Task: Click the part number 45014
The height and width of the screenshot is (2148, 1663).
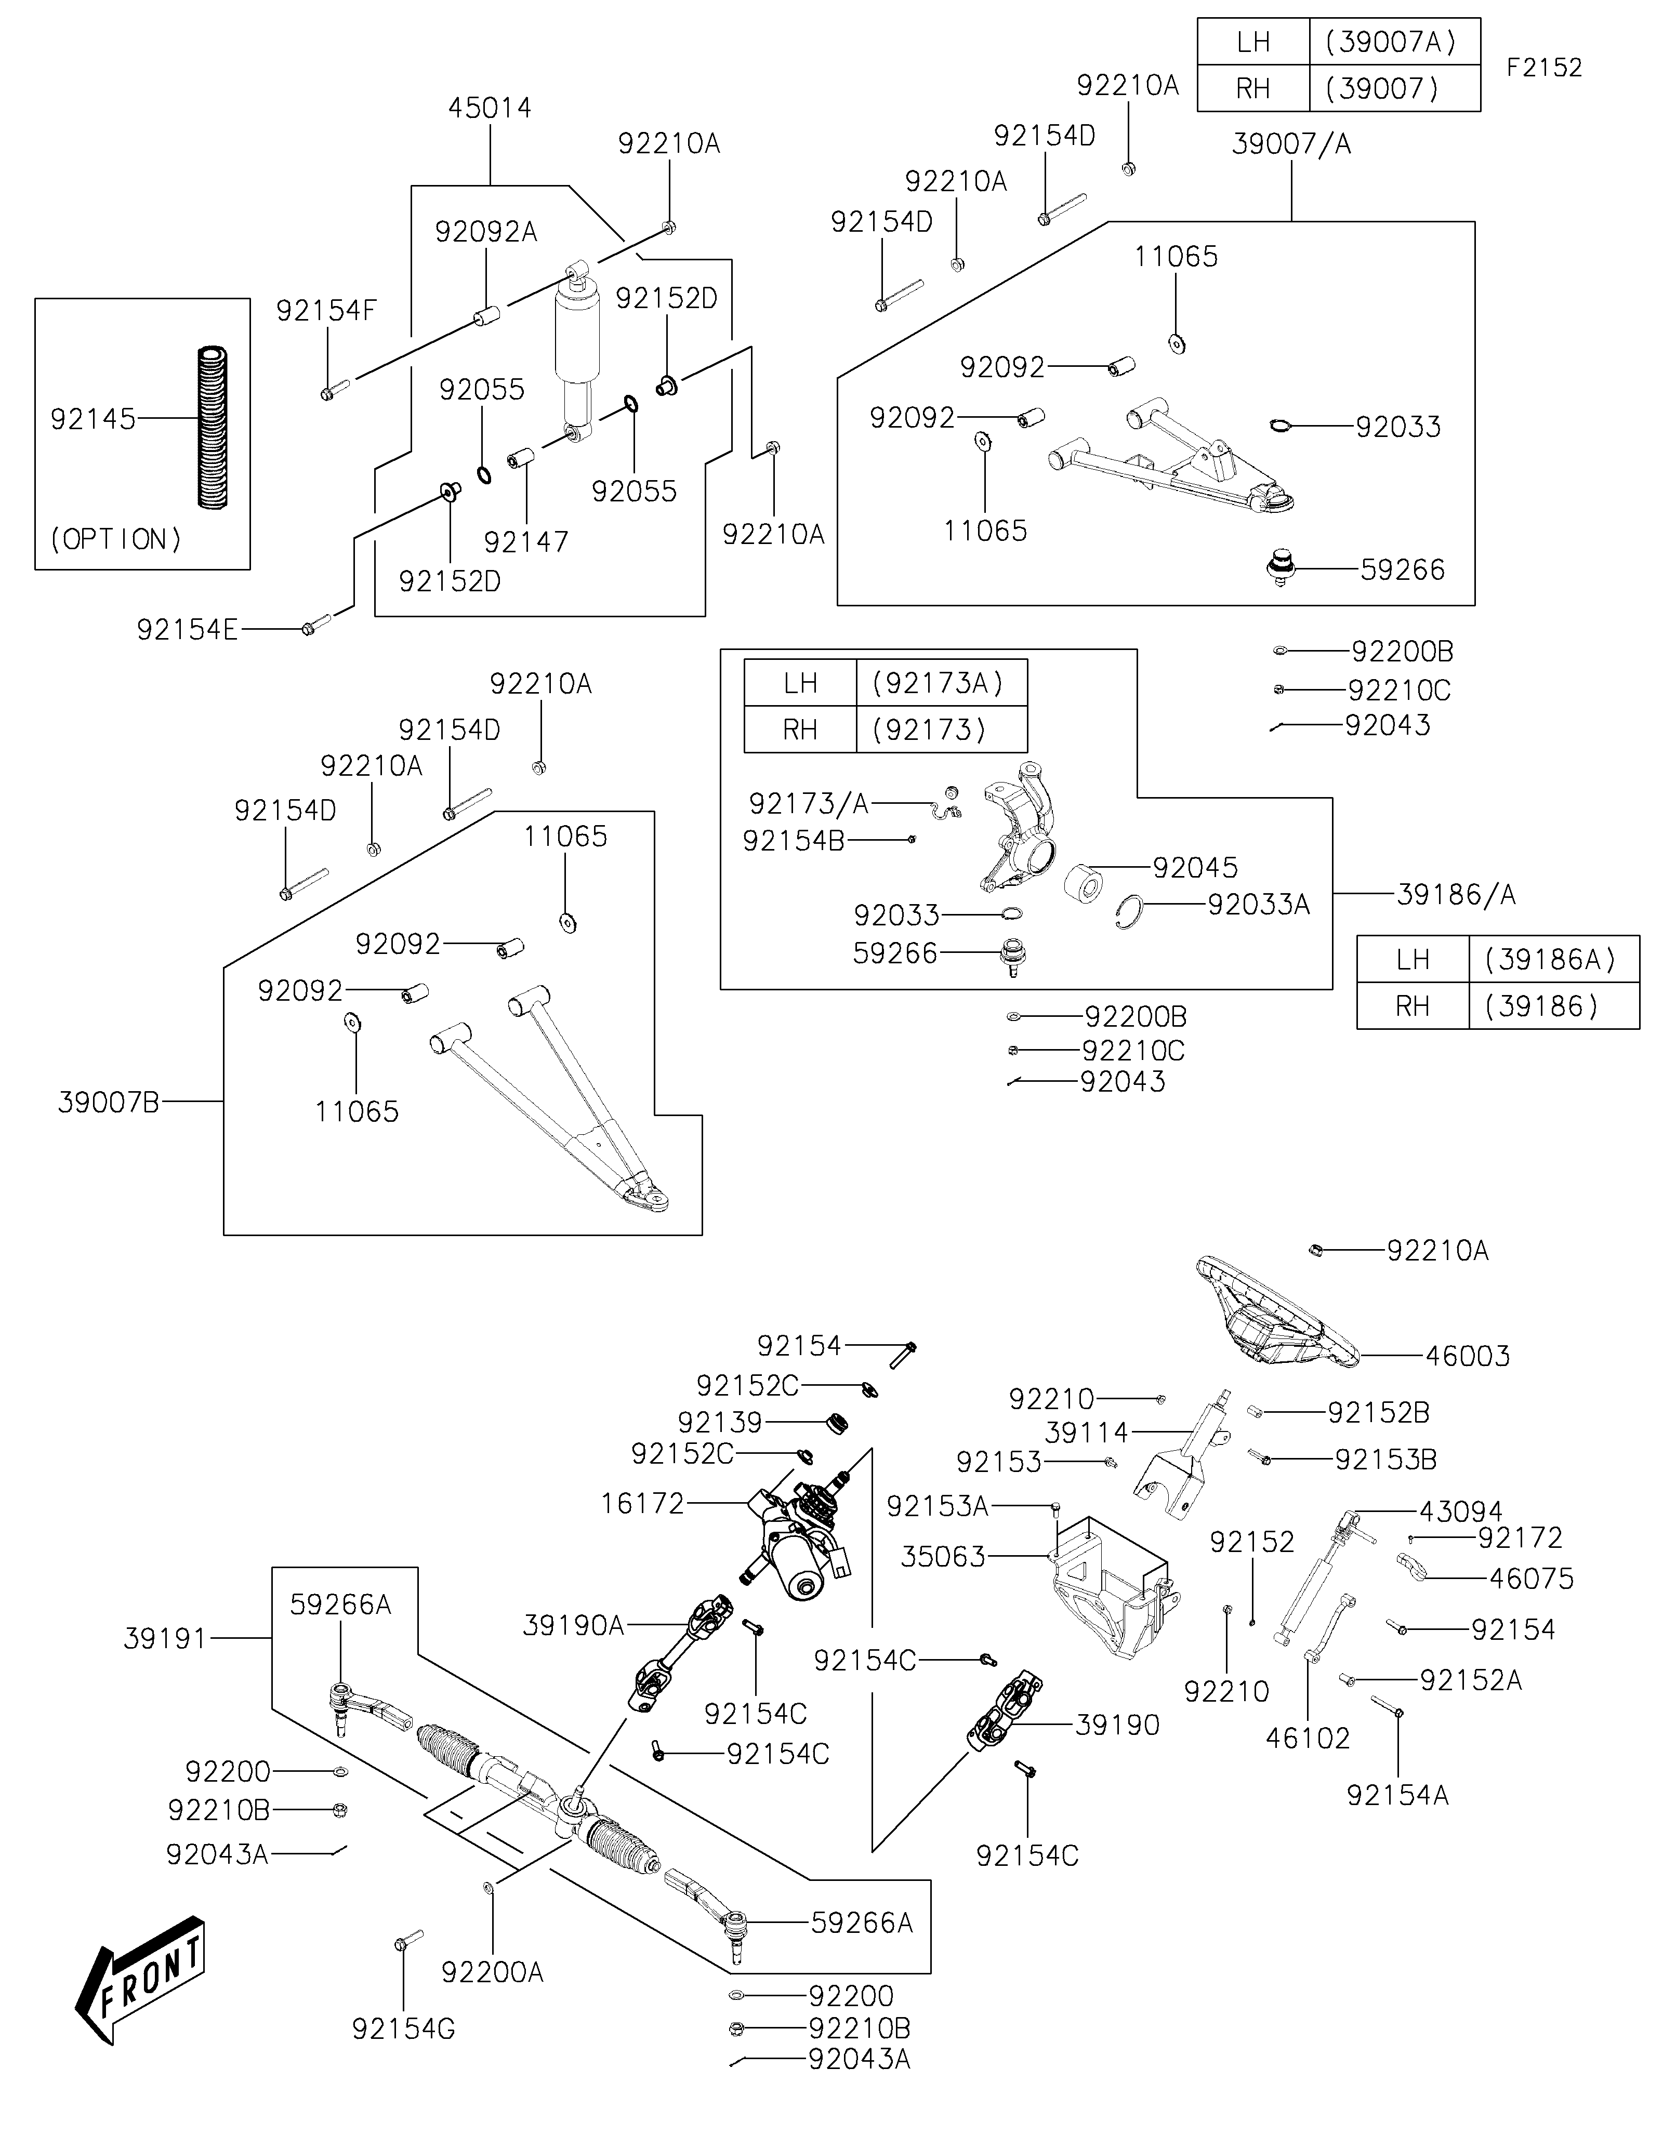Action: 490,108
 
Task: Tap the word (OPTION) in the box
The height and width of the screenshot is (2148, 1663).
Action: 116,539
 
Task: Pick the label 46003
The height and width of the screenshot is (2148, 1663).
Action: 1467,1356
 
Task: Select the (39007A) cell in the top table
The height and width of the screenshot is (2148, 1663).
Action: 1394,42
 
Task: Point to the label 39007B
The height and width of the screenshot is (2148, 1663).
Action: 108,1103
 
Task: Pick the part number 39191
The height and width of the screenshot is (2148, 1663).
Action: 165,1639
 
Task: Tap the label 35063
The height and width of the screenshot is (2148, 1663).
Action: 943,1557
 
